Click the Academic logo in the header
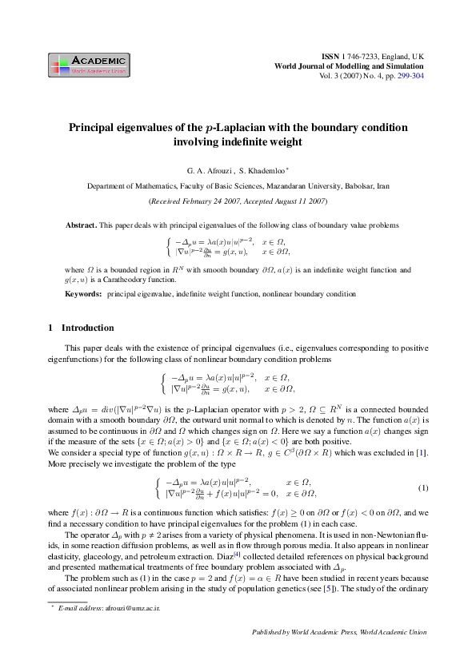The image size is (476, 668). [x=88, y=65]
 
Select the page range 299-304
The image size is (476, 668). [x=410, y=76]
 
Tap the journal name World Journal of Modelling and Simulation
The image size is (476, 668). [x=349, y=66]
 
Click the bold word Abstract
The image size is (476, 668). [x=81, y=226]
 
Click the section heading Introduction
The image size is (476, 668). [x=87, y=328]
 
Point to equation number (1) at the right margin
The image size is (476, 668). [x=423, y=487]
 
